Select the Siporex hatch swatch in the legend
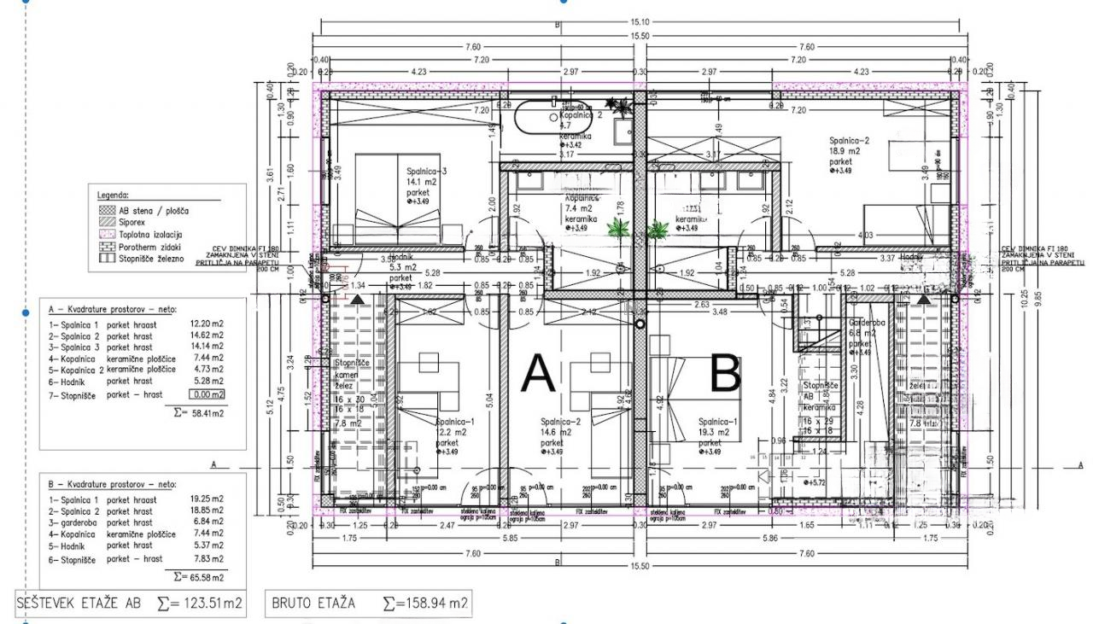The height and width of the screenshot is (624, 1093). point(107,221)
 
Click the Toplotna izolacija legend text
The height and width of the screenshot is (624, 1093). point(150,234)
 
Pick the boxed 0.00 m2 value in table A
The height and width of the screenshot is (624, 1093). point(207,394)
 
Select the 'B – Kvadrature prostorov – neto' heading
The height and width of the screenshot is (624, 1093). point(112,483)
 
